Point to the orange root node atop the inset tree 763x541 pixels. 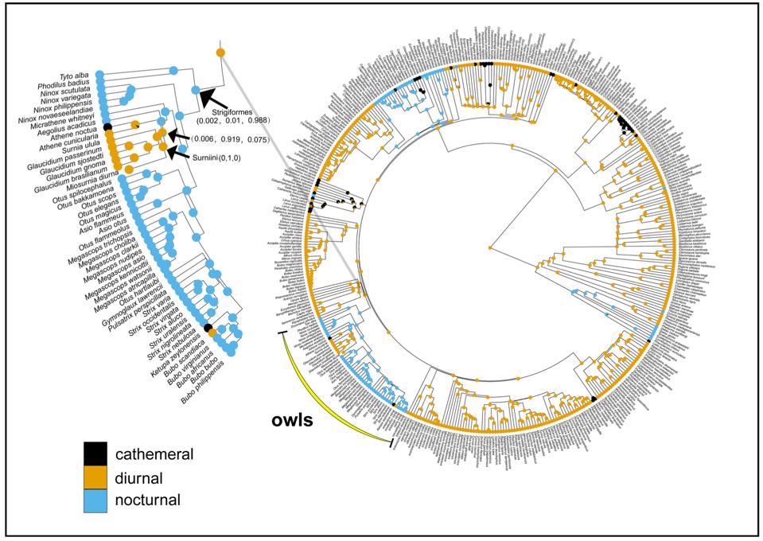point(220,53)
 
